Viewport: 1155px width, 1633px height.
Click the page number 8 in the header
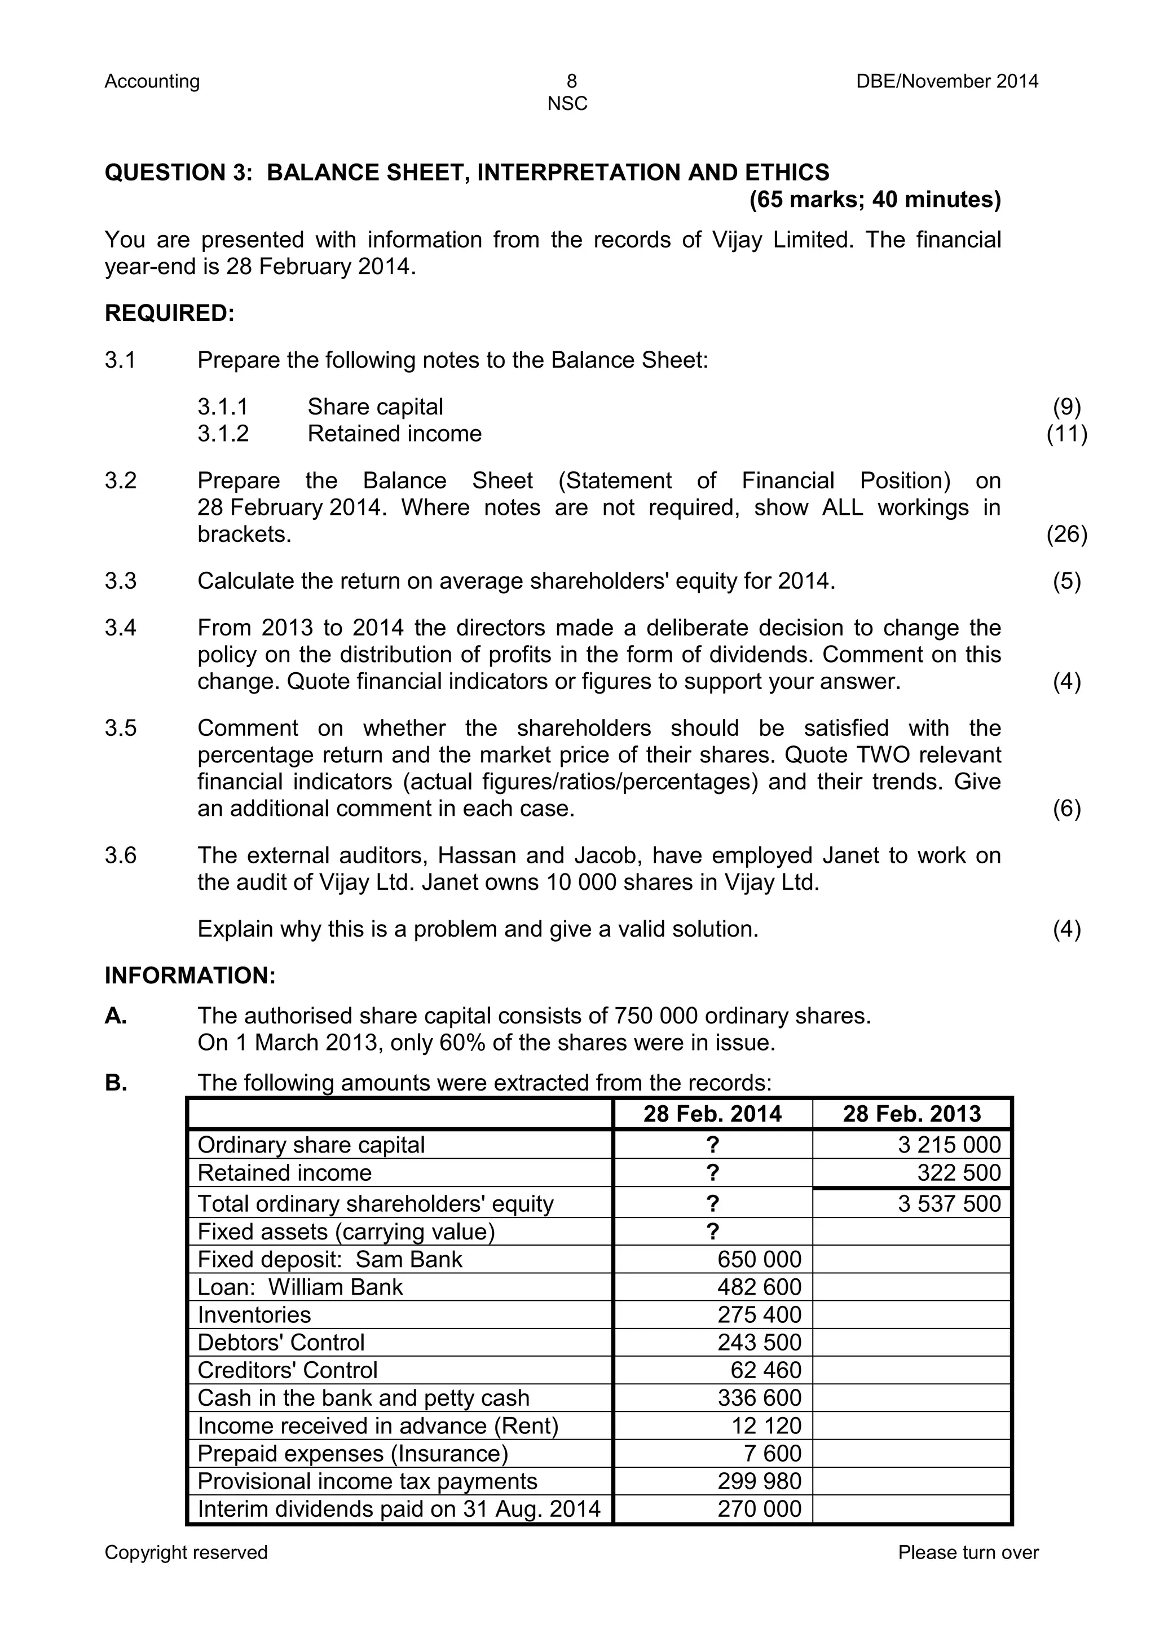pos(572,81)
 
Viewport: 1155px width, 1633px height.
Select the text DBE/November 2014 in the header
pos(947,81)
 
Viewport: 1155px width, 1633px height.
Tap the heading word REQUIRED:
pos(169,313)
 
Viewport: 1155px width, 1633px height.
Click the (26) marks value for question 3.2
pos(1066,534)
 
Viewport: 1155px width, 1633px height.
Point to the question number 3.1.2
pos(223,433)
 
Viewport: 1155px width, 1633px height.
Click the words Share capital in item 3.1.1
pos(375,407)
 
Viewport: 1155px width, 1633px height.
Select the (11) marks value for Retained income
pos(1066,433)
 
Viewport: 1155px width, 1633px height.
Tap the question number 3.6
pos(120,855)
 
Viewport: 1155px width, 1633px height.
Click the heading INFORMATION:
pos(190,975)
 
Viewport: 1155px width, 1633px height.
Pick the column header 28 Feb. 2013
pos(912,1114)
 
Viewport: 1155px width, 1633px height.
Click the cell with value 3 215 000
pos(949,1144)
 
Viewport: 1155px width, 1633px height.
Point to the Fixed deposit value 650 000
pos(759,1259)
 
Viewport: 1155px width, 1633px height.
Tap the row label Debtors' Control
pos(280,1342)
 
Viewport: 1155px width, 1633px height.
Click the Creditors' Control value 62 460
pos(765,1370)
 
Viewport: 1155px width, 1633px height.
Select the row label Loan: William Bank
pos(299,1287)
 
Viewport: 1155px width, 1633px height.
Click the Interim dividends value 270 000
pos(759,1508)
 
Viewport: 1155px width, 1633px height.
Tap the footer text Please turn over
pos(967,1552)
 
